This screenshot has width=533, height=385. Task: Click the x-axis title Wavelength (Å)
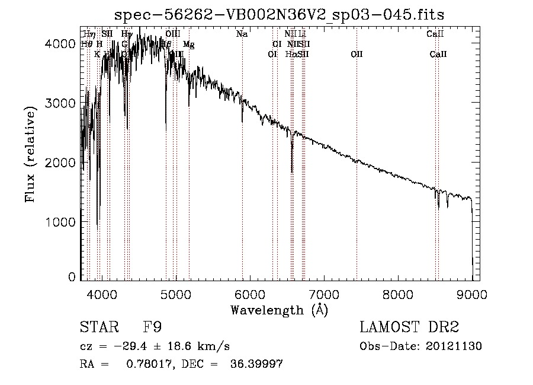tap(279, 310)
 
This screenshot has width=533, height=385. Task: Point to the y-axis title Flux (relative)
tap(30, 154)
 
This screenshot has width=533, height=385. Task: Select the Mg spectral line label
tap(188, 44)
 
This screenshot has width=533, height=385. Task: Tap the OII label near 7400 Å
tap(357, 55)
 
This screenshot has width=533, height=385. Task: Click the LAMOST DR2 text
tap(409, 327)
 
